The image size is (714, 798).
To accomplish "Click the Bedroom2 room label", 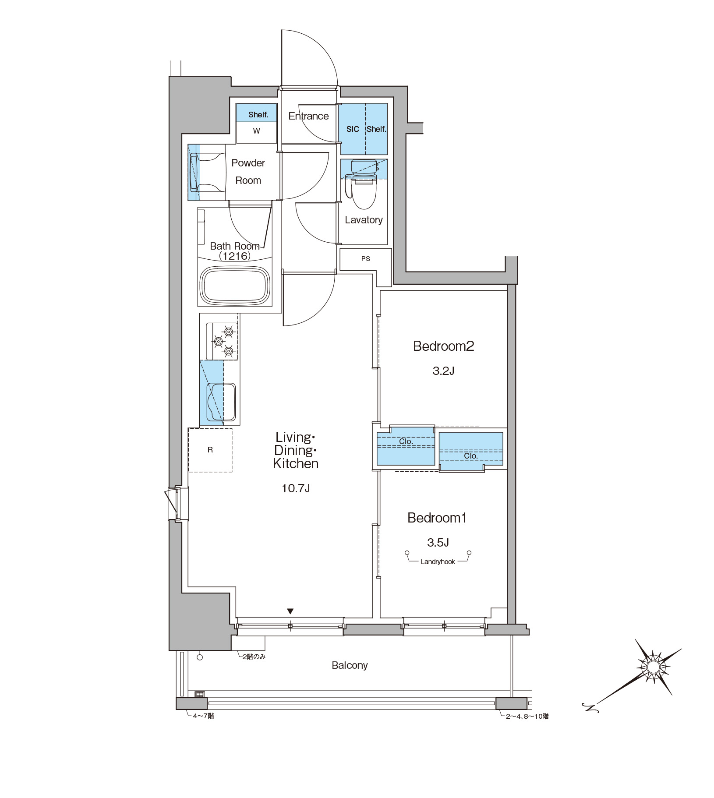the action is tap(443, 346).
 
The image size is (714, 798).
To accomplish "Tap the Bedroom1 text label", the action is tap(437, 518).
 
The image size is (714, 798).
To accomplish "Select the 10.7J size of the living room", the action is tap(296, 488).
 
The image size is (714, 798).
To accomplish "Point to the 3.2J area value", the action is tap(443, 371).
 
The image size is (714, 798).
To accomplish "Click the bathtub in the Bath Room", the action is tap(235, 285).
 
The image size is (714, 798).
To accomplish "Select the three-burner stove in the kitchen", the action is tap(222, 341).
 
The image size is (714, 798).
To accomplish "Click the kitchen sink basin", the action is tap(221, 402).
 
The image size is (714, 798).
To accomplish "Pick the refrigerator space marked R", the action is tap(210, 450).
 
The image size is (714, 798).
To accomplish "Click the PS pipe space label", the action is tap(366, 259).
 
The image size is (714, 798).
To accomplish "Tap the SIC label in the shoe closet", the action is tap(353, 129).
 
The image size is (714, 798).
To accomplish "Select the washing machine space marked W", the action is tap(257, 131).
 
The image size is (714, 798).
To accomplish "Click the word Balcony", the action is tap(350, 665).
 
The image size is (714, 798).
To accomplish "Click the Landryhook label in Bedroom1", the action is tap(438, 562).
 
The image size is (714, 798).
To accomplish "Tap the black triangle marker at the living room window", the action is tap(290, 611).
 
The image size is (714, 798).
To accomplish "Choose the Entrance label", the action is tap(308, 116).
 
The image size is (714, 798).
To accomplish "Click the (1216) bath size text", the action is tap(235, 256).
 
